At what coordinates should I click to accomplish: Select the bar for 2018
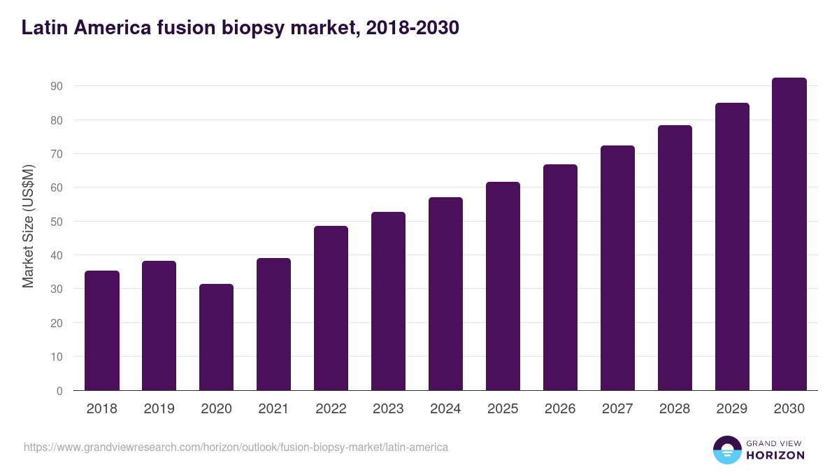[x=102, y=331]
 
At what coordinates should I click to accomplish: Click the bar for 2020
[x=217, y=337]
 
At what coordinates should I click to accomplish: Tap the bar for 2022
[x=331, y=308]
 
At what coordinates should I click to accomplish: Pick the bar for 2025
[x=503, y=286]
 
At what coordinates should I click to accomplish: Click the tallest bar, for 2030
[x=789, y=234]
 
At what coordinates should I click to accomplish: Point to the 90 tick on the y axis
[x=57, y=86]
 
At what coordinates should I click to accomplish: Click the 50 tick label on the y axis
[x=57, y=222]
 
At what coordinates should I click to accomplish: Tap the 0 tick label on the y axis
[x=59, y=391]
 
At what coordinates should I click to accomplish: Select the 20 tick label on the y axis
[x=57, y=323]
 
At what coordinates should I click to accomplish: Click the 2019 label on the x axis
[x=159, y=409]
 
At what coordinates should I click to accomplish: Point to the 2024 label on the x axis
[x=445, y=409]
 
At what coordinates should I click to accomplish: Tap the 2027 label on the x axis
[x=617, y=409]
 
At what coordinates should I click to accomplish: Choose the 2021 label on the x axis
[x=273, y=409]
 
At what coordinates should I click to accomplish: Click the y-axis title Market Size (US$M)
[x=29, y=226]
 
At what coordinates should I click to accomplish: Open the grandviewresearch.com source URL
[x=236, y=447]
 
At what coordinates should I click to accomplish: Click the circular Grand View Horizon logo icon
[x=726, y=450]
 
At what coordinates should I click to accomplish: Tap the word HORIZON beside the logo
[x=775, y=455]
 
